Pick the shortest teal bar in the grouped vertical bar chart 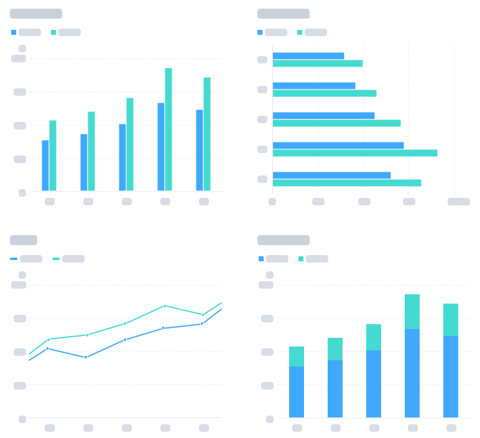tap(53, 155)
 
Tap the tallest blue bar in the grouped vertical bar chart tap(161, 146)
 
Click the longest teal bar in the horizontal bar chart tap(354, 153)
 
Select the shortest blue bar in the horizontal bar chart tap(308, 56)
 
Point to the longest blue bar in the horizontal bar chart tap(338, 146)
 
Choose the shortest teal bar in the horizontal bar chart tap(317, 63)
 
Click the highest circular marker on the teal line tap(165, 306)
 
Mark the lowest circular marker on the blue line tap(86, 357)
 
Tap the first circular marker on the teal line tap(48, 340)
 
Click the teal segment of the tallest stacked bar tap(412, 312)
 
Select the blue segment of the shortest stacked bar tap(297, 391)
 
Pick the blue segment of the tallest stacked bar tap(412, 373)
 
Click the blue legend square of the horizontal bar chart tap(260, 32)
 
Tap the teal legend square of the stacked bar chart tap(301, 259)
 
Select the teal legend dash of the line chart tap(56, 259)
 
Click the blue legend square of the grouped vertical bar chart tap(14, 32)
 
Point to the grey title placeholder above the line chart tap(24, 240)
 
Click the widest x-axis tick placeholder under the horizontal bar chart tap(459, 202)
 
